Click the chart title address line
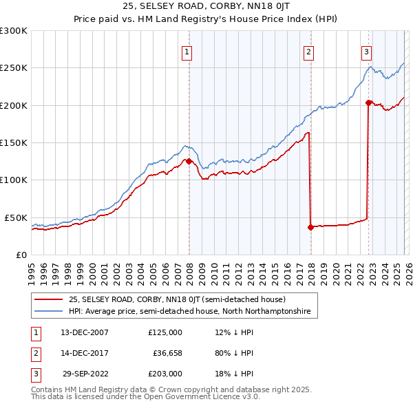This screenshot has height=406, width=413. point(206,8)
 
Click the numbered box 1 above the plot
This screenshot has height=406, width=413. point(187,51)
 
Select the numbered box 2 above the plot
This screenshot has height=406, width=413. point(309,51)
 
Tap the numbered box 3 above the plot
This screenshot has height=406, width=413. point(367,51)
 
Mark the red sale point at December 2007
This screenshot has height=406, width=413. point(189,162)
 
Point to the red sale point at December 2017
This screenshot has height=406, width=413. point(310,227)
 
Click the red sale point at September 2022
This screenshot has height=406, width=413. point(368,103)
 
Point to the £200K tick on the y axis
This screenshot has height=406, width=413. point(14,105)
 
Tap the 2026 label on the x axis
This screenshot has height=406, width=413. point(407,268)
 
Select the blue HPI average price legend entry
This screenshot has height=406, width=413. point(189,312)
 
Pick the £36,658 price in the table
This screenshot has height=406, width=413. point(165,353)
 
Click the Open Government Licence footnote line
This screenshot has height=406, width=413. point(145,396)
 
